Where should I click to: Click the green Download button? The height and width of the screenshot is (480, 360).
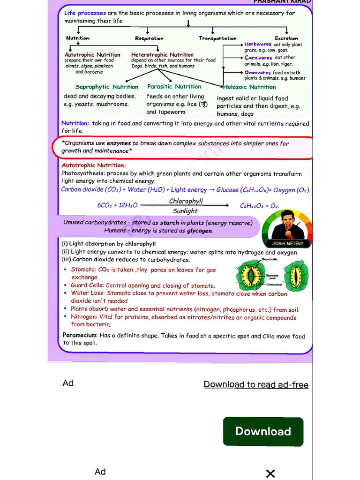[x=263, y=431]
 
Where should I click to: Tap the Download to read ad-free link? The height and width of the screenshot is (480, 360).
[x=256, y=384]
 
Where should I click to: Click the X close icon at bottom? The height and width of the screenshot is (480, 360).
[x=270, y=473]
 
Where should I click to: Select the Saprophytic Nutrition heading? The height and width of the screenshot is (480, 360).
[x=107, y=87]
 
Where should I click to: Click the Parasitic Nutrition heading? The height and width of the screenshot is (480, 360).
[x=174, y=86]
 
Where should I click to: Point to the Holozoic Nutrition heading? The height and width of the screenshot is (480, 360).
[x=249, y=87]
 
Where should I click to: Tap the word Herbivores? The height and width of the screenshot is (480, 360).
[x=258, y=44]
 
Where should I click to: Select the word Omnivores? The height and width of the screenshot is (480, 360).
[x=257, y=73]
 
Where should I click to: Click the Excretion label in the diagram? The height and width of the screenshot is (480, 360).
[x=286, y=38]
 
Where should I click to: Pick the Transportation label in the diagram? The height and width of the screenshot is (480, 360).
[x=217, y=38]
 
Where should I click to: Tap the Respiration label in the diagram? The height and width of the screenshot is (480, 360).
[x=149, y=38]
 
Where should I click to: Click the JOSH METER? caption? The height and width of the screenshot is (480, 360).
[x=288, y=243]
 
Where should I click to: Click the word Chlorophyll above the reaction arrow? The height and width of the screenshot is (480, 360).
[x=186, y=201]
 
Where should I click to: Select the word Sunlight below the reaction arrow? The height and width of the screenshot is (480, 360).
[x=185, y=211]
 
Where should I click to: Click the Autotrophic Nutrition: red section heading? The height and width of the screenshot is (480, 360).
[x=94, y=165]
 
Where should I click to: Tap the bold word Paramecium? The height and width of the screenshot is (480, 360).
[x=80, y=336]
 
